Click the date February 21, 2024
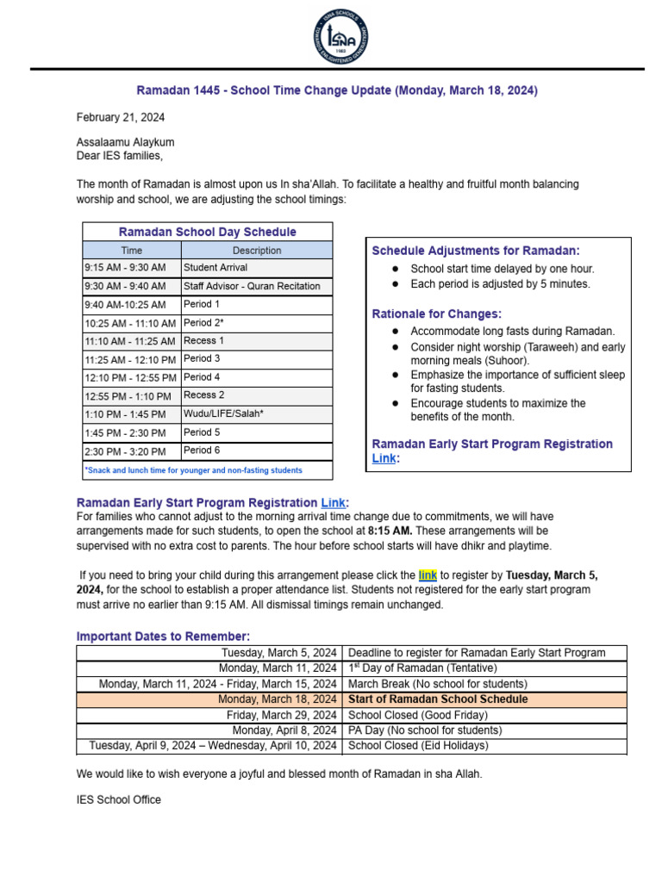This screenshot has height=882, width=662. click(x=121, y=117)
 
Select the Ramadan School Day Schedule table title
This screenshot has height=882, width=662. click(x=207, y=232)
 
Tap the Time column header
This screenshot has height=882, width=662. click(x=132, y=251)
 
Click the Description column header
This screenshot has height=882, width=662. click(x=257, y=251)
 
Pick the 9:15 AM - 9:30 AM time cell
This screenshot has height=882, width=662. click(x=126, y=268)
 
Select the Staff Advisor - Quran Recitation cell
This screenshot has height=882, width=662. click(x=252, y=286)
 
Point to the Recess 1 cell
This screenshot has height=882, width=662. click(x=204, y=341)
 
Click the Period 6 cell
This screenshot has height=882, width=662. click(x=202, y=450)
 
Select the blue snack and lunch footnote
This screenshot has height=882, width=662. click(x=194, y=470)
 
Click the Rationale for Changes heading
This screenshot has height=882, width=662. click(x=436, y=314)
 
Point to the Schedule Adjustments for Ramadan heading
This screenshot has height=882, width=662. click(x=476, y=251)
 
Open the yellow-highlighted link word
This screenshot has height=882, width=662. click(x=428, y=575)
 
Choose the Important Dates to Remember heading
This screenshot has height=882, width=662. click(x=164, y=637)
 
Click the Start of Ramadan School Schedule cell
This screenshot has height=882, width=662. click(x=438, y=699)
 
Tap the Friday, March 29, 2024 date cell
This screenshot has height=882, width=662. click(x=282, y=715)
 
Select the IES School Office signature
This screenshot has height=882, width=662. click(x=119, y=799)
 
